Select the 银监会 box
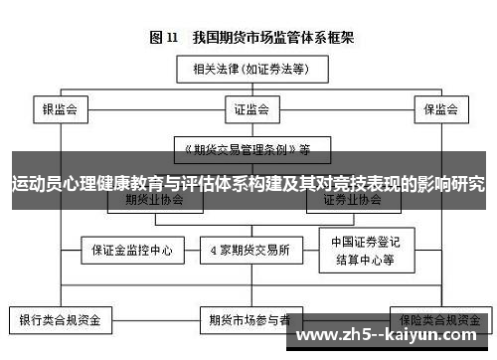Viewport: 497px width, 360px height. point(60,106)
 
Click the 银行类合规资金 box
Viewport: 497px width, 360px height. point(61,321)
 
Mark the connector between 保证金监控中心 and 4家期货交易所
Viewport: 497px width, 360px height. point(191,250)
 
